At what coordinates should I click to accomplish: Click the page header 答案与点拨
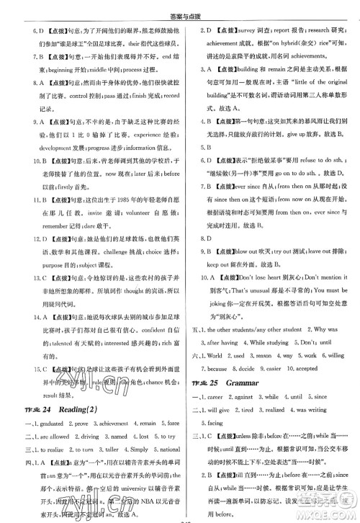coord(180,9)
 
